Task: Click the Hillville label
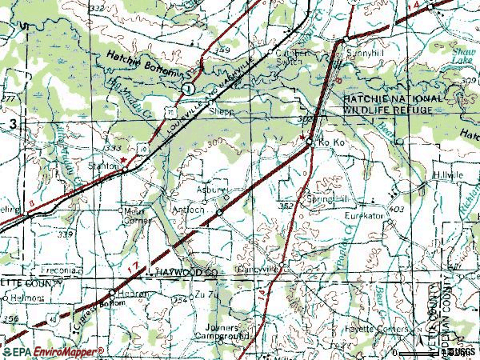[449, 174]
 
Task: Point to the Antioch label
[189, 210]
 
